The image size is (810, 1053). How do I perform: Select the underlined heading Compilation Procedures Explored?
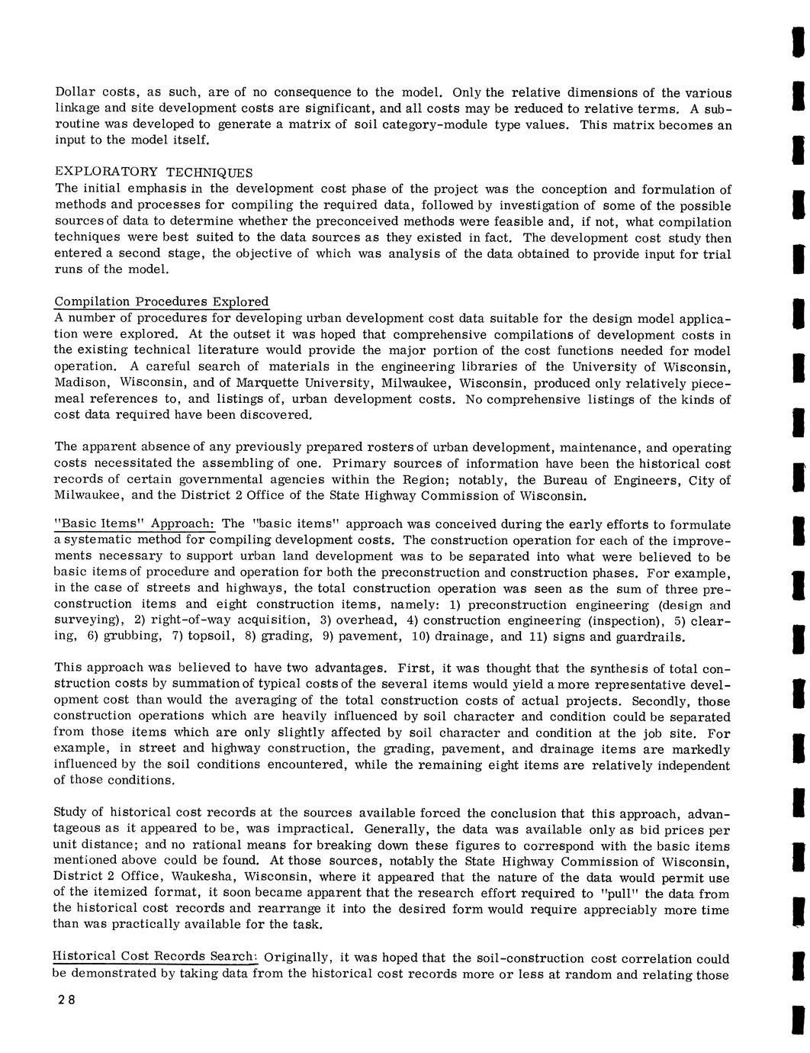(161, 301)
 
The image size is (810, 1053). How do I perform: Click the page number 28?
(63, 1001)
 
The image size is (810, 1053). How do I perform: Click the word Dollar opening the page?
(72, 92)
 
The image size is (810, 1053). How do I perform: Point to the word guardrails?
(649, 636)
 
